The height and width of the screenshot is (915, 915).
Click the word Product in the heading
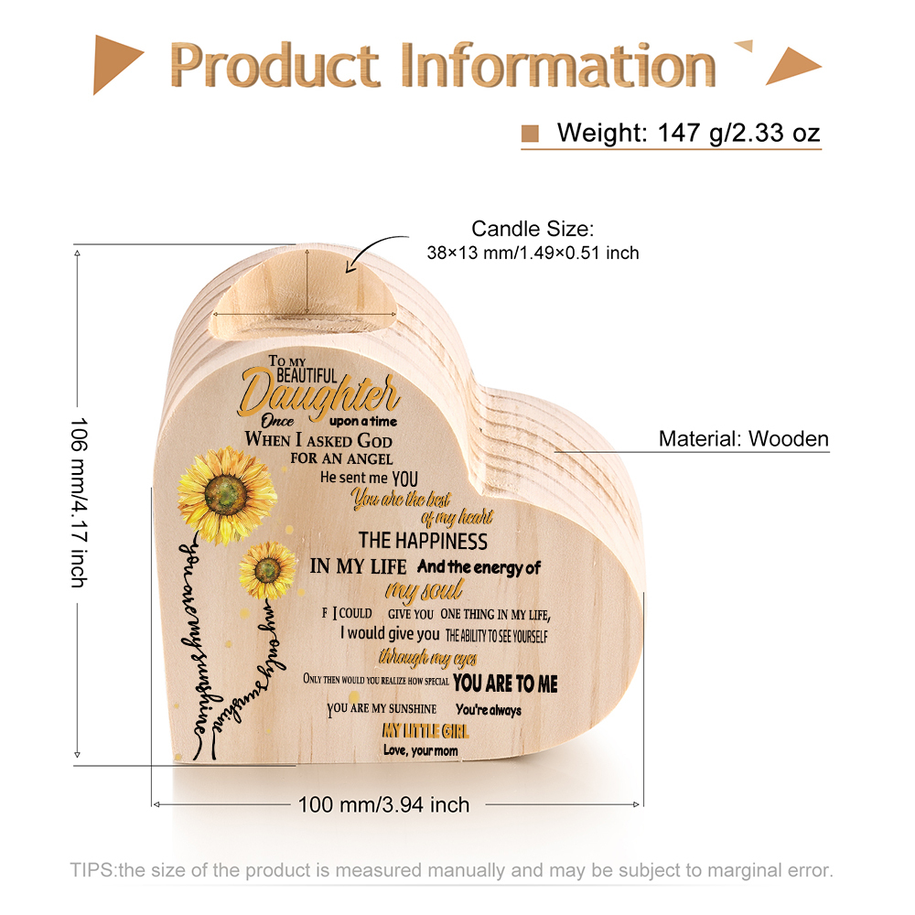tap(274, 65)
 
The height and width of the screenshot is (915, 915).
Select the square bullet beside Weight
tap(530, 134)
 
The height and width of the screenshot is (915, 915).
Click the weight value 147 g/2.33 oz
tap(738, 133)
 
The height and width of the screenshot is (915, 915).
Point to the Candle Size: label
tap(533, 229)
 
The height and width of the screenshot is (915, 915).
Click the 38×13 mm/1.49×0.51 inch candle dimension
tap(533, 253)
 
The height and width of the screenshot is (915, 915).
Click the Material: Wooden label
tap(743, 439)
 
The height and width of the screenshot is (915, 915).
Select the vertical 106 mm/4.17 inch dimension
tap(79, 502)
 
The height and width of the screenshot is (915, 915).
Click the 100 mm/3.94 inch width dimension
tap(384, 804)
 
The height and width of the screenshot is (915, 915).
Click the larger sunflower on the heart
tap(226, 495)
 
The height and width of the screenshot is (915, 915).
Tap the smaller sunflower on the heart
tap(268, 570)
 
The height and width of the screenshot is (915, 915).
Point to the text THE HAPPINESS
tap(423, 541)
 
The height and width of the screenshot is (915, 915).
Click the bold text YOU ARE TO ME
tap(505, 683)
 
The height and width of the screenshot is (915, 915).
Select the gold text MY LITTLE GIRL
tap(425, 730)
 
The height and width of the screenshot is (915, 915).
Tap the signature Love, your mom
tap(421, 750)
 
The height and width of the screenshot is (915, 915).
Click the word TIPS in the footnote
tap(92, 870)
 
